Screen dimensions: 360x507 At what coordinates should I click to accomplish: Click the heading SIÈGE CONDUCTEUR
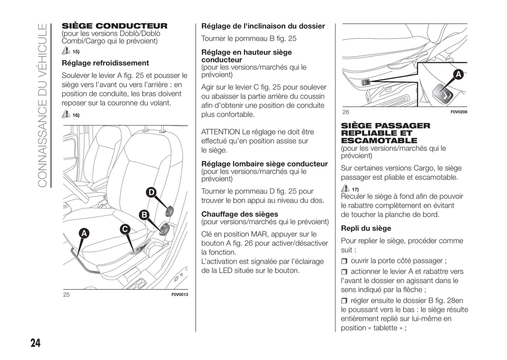pyautogui.click(x=114, y=26)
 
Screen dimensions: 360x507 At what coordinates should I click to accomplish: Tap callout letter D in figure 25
pyautogui.click(x=151, y=192)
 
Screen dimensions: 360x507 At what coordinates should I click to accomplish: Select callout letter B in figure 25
pyautogui.click(x=144, y=215)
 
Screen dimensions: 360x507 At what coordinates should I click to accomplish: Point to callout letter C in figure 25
pyautogui.click(x=125, y=229)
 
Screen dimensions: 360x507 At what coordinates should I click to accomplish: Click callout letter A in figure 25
pyautogui.click(x=84, y=233)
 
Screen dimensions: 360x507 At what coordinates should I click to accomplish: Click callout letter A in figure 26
pyautogui.click(x=458, y=74)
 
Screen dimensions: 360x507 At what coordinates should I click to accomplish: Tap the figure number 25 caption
pyautogui.click(x=66, y=294)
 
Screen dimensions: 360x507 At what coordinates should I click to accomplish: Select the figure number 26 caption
pyautogui.click(x=346, y=112)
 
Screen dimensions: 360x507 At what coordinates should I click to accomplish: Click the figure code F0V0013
pyautogui.click(x=179, y=294)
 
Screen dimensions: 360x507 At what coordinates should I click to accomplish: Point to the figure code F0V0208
pyautogui.click(x=459, y=112)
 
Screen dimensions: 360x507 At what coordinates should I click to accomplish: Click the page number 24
pyautogui.click(x=35, y=342)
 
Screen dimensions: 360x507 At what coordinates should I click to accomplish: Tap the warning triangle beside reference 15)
pyautogui.click(x=66, y=51)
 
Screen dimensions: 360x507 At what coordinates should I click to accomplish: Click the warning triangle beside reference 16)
pyautogui.click(x=66, y=114)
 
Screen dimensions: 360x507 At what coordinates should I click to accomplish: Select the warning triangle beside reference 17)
pyautogui.click(x=345, y=188)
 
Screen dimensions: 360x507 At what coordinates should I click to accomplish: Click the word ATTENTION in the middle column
pyautogui.click(x=220, y=132)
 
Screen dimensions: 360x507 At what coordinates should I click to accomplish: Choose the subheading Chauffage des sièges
pyautogui.click(x=240, y=214)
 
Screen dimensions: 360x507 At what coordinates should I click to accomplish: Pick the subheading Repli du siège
pyautogui.click(x=366, y=228)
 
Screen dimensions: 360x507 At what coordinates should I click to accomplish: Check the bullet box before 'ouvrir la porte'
pyautogui.click(x=344, y=261)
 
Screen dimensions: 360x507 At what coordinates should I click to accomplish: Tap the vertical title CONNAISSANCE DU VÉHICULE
pyautogui.click(x=42, y=105)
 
